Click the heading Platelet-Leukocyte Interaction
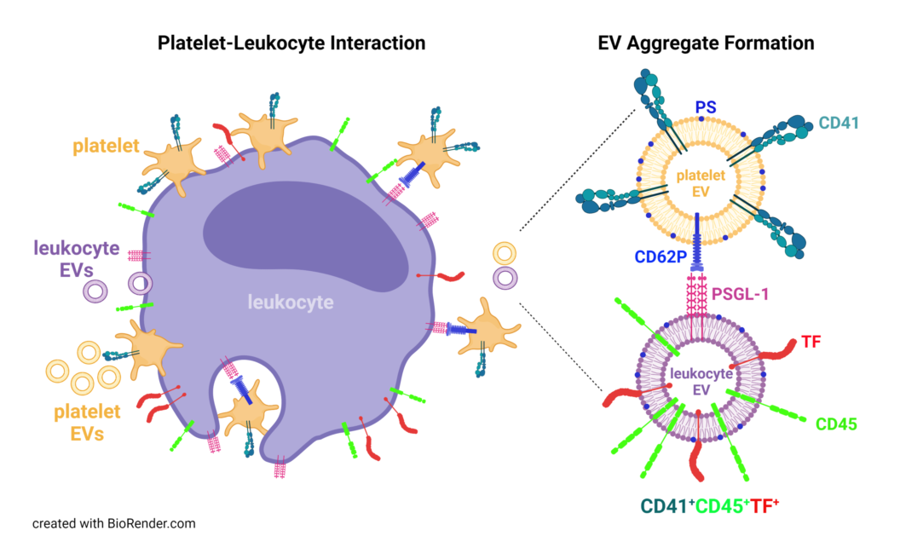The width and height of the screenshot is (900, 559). click(x=291, y=43)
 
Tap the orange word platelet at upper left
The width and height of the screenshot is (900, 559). click(x=106, y=147)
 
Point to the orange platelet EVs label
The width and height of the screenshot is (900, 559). click(x=77, y=423)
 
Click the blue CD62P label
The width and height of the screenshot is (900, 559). click(x=658, y=256)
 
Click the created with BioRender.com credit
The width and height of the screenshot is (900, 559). click(x=114, y=523)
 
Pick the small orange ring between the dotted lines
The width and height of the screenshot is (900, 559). click(x=505, y=253)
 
